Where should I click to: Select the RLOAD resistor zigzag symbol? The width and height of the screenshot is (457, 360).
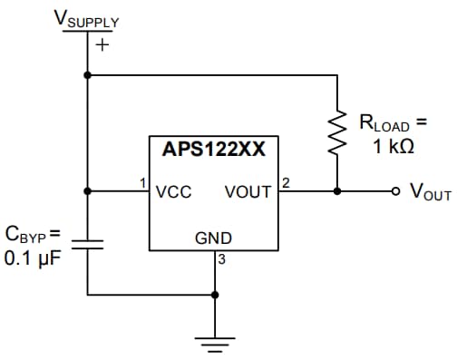[337, 132]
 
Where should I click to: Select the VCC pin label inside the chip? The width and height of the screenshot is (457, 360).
[172, 192]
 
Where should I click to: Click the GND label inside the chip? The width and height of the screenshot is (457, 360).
[214, 238]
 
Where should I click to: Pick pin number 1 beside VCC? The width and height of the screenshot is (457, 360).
[143, 183]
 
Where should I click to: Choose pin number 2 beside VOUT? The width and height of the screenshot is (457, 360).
[285, 183]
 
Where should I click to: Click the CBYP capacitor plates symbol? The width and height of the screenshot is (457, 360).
[87, 243]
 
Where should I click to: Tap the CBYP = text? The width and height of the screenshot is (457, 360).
[33, 234]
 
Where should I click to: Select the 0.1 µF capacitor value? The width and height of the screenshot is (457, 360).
[33, 258]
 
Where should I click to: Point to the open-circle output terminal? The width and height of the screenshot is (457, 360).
[394, 191]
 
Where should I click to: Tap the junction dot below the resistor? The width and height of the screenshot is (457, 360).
[337, 191]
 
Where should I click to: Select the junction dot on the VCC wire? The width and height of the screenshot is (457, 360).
[87, 191]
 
